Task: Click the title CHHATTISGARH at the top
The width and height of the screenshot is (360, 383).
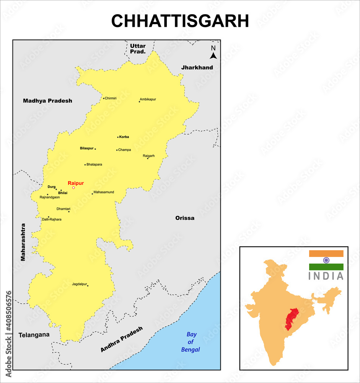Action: pos(180,21)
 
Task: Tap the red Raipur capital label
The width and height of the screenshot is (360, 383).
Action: pos(75,183)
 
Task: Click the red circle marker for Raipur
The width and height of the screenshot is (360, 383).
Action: pos(73,188)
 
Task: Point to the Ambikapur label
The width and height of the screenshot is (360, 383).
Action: pos(148,99)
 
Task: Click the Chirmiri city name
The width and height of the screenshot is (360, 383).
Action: pos(111,98)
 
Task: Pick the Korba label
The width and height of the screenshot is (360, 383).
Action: pos(124,137)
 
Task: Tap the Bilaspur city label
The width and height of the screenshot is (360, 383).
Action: pos(86,148)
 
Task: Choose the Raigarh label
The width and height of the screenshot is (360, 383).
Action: pos(148,156)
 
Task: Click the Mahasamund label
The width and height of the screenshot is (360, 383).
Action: pos(104,192)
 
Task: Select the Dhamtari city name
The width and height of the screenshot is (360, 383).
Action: pos(63,209)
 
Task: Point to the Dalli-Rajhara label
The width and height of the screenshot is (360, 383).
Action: pos(52,219)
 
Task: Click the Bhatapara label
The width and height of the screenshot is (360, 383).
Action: pos(94,164)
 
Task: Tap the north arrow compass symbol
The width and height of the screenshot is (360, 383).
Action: pos(213,52)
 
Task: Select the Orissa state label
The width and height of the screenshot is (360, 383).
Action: pos(185,218)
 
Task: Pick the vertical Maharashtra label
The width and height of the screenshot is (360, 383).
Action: pos(23,242)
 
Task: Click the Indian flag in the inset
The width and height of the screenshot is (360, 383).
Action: pos(326,260)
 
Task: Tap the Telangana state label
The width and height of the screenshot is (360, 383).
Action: pos(34,334)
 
